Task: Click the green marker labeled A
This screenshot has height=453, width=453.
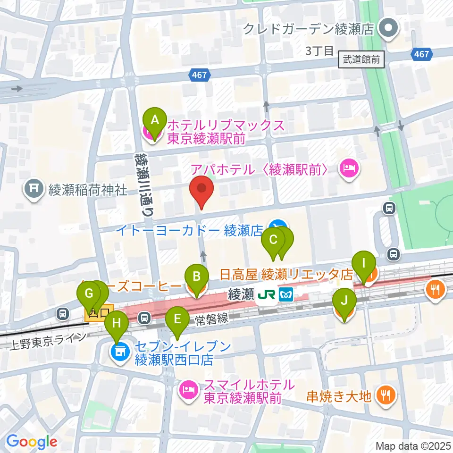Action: pyautogui.click(x=154, y=121)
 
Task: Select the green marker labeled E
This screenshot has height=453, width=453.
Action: pyautogui.click(x=177, y=319)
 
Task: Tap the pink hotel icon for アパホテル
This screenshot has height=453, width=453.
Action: pyautogui.click(x=349, y=168)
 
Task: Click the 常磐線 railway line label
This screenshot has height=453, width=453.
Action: pyautogui.click(x=212, y=319)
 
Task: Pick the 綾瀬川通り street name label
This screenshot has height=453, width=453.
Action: pyautogui.click(x=143, y=184)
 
